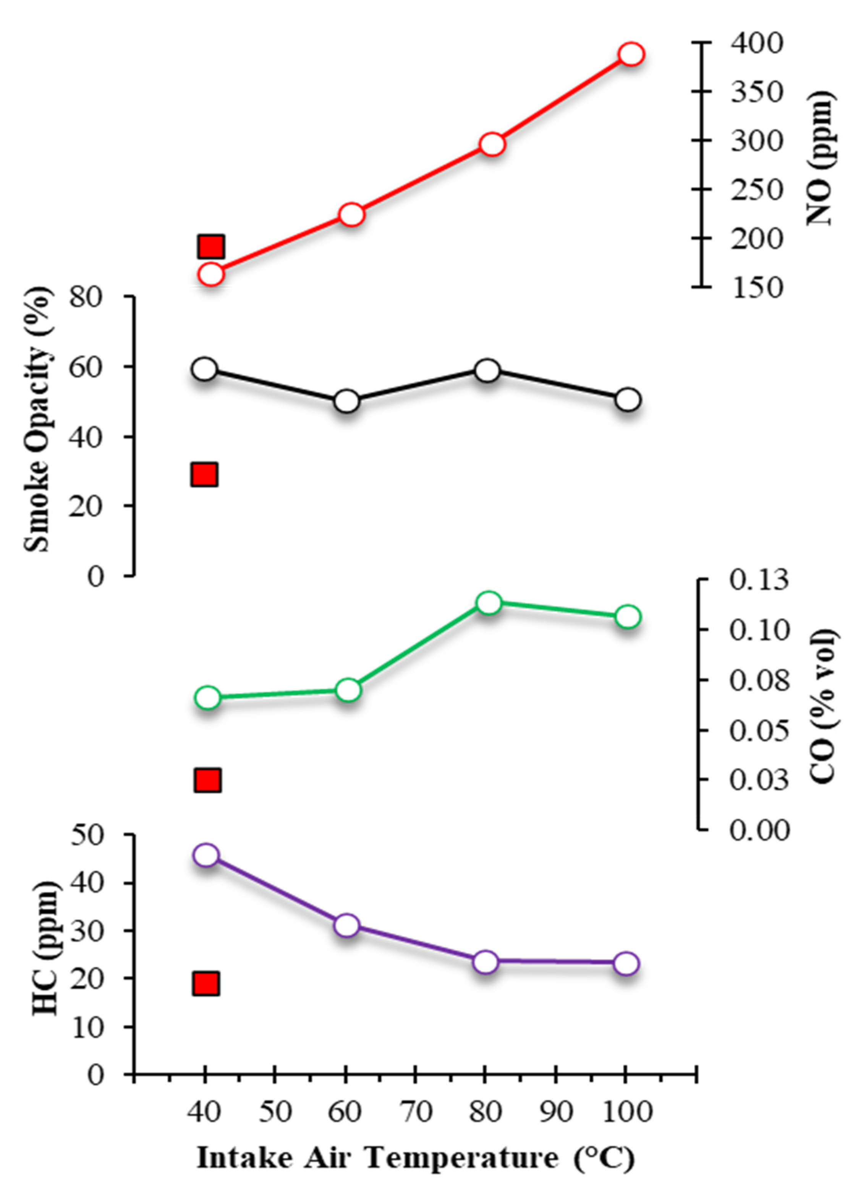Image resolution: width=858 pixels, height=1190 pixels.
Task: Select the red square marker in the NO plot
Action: click(x=211, y=246)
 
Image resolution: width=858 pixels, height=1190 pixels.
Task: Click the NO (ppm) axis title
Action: click(x=821, y=157)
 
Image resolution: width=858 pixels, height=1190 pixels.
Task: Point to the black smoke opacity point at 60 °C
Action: click(x=346, y=401)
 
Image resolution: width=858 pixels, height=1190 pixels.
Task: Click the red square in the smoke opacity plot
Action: click(x=204, y=474)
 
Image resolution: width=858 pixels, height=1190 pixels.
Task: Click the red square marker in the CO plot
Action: click(x=208, y=780)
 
